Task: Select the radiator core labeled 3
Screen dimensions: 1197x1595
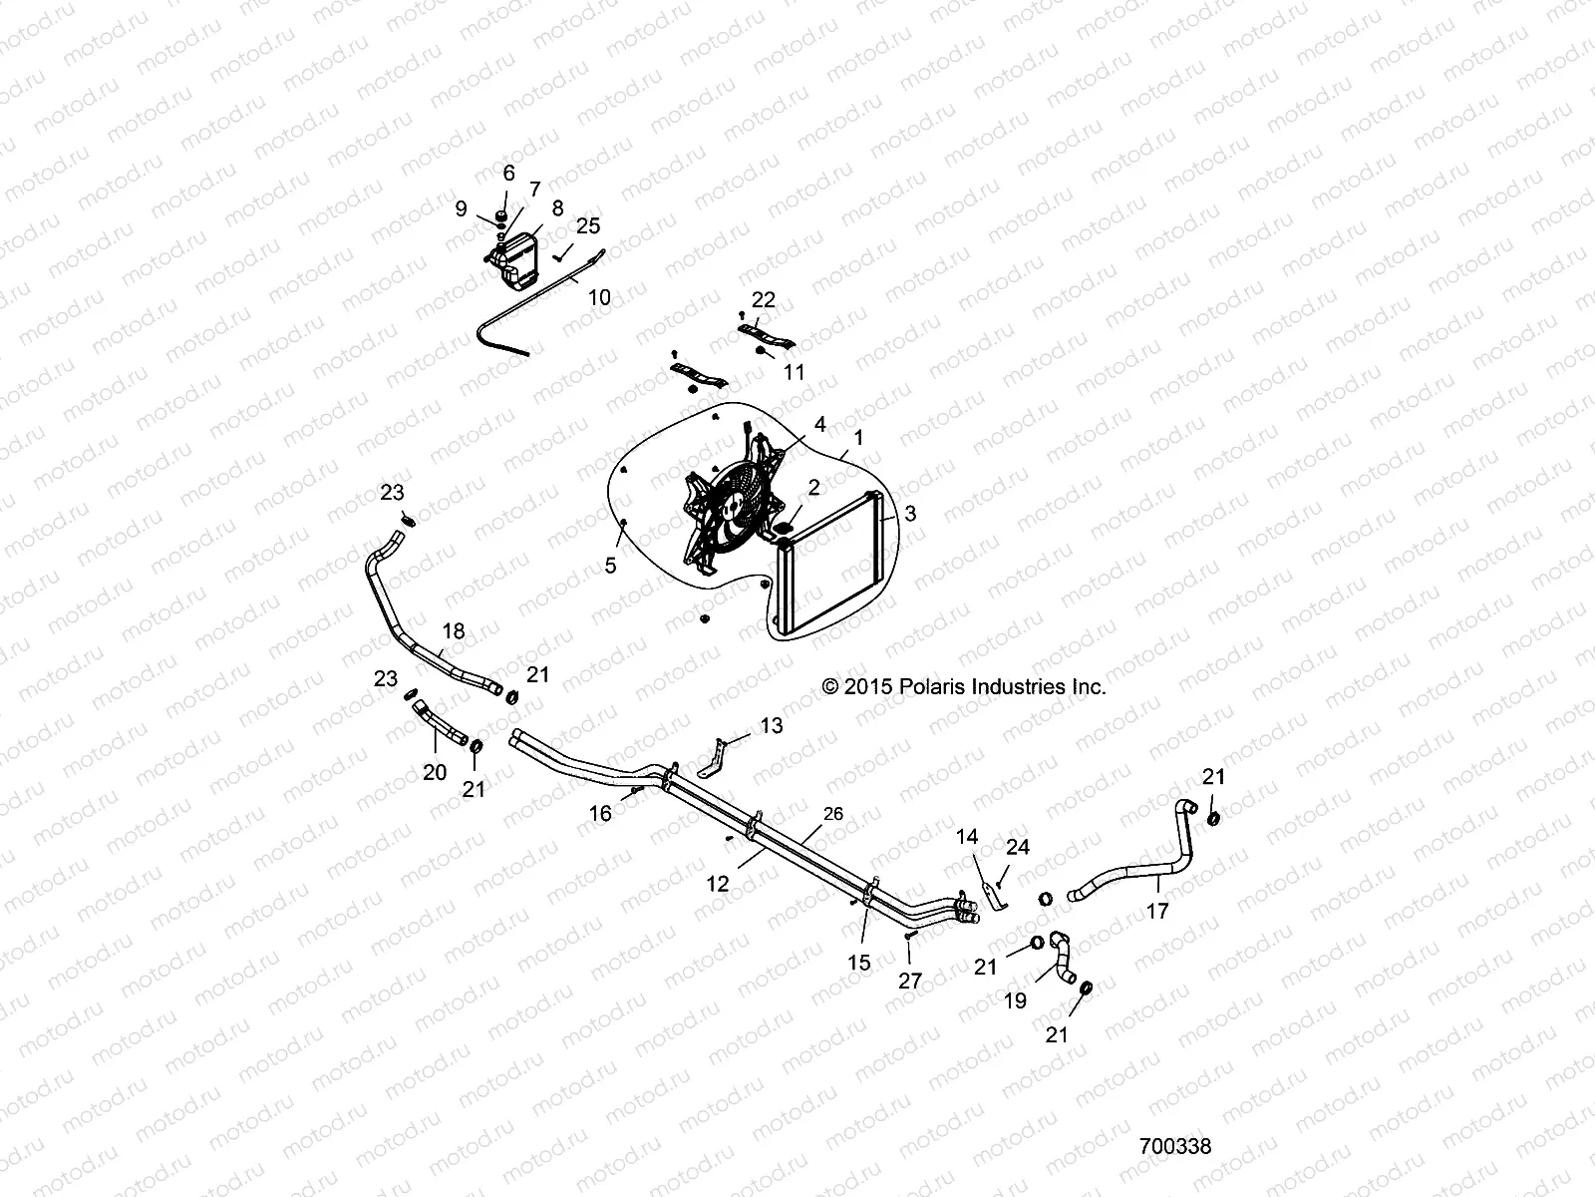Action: pyautogui.click(x=832, y=564)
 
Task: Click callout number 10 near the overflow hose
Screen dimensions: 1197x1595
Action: pyautogui.click(x=599, y=297)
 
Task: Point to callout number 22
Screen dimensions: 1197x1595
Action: pyautogui.click(x=764, y=299)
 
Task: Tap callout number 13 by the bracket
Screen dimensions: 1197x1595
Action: pyautogui.click(x=772, y=727)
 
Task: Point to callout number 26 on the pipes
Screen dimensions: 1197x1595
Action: pyautogui.click(x=833, y=814)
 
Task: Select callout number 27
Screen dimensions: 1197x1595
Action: pyautogui.click(x=910, y=981)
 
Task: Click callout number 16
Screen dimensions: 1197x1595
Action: pyautogui.click(x=600, y=814)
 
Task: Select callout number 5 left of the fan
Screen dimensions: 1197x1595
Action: pyautogui.click(x=611, y=566)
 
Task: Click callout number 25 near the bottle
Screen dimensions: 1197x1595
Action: pyautogui.click(x=588, y=224)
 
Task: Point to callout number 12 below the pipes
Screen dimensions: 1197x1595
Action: pyautogui.click(x=718, y=884)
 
